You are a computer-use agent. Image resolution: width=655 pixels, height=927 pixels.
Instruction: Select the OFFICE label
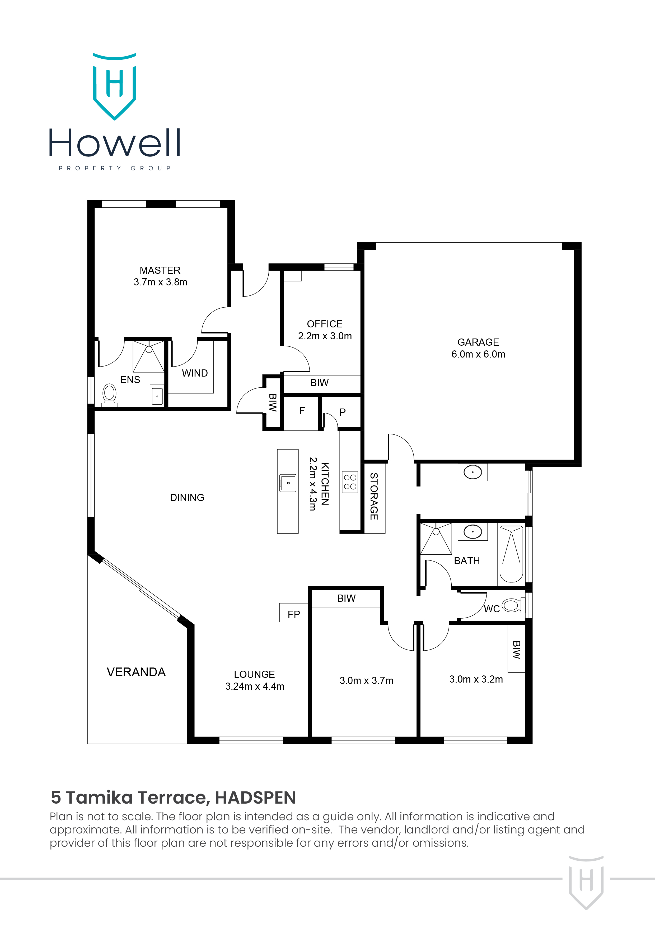pos(325,324)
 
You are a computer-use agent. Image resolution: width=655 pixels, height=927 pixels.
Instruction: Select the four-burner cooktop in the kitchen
pos(350,482)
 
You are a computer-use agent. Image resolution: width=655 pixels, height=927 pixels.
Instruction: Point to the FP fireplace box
pos(293,614)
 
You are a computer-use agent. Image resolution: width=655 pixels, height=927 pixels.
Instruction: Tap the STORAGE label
pos(374,496)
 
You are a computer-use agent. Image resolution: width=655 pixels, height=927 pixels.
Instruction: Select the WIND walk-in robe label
pos(195,373)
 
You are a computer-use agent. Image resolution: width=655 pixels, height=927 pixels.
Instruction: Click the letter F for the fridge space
pos(302,411)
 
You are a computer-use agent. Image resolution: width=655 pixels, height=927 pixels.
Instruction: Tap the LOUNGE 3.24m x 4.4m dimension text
pos(254,686)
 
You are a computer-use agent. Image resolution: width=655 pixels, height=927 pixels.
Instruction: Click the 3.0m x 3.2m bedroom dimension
pos(476,679)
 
